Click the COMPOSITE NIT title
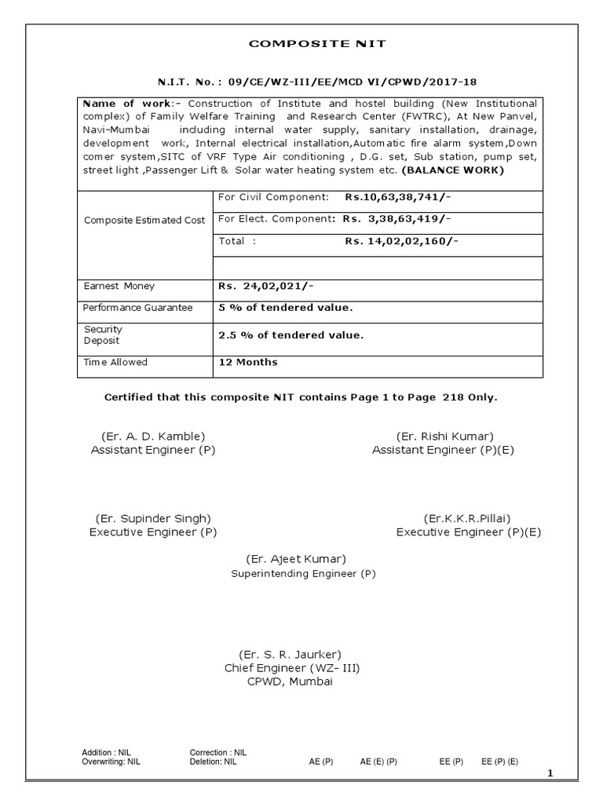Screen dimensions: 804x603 tap(317, 44)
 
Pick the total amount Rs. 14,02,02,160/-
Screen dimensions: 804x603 tap(401, 242)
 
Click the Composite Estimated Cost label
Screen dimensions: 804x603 tap(144, 221)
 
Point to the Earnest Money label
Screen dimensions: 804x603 tap(119, 287)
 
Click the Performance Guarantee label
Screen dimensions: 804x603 tap(138, 308)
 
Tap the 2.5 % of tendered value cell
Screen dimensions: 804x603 tap(291, 335)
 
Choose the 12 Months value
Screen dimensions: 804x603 tap(247, 363)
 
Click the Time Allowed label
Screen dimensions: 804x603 tap(115, 363)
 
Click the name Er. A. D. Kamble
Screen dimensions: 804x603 tap(153, 437)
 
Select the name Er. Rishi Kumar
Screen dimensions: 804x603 tap(445, 437)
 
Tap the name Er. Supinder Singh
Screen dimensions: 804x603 tap(153, 518)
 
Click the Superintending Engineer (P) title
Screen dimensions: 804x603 tap(303, 574)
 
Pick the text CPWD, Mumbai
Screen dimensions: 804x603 tap(290, 682)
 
